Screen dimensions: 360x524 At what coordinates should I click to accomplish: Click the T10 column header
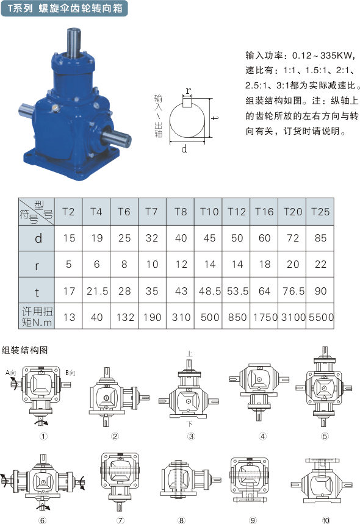click(209, 212)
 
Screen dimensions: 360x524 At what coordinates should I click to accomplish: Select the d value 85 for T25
click(320, 238)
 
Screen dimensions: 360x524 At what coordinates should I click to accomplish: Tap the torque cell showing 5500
click(321, 317)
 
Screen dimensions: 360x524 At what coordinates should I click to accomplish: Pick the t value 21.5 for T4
click(97, 291)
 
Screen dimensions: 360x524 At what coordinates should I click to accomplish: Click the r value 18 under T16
click(264, 264)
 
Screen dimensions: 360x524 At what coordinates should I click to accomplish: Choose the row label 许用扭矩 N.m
click(37, 316)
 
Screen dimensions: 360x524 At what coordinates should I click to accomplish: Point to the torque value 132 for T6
click(125, 317)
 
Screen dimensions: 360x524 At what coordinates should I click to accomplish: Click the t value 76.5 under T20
click(293, 291)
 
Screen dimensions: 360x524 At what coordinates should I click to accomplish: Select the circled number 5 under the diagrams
click(325, 436)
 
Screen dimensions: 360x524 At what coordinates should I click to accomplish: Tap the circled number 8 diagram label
click(181, 520)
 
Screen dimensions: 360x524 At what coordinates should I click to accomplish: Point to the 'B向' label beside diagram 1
click(70, 373)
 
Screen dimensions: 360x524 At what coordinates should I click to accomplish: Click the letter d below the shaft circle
click(184, 149)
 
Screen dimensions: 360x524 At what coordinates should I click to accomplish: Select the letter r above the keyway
click(189, 91)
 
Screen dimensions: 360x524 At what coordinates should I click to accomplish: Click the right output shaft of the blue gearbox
click(117, 138)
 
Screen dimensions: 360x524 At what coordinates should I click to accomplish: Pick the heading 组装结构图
click(25, 350)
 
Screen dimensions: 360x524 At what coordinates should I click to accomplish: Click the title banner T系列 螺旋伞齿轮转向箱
click(64, 9)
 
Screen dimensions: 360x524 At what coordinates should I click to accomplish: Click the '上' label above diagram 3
click(189, 354)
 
